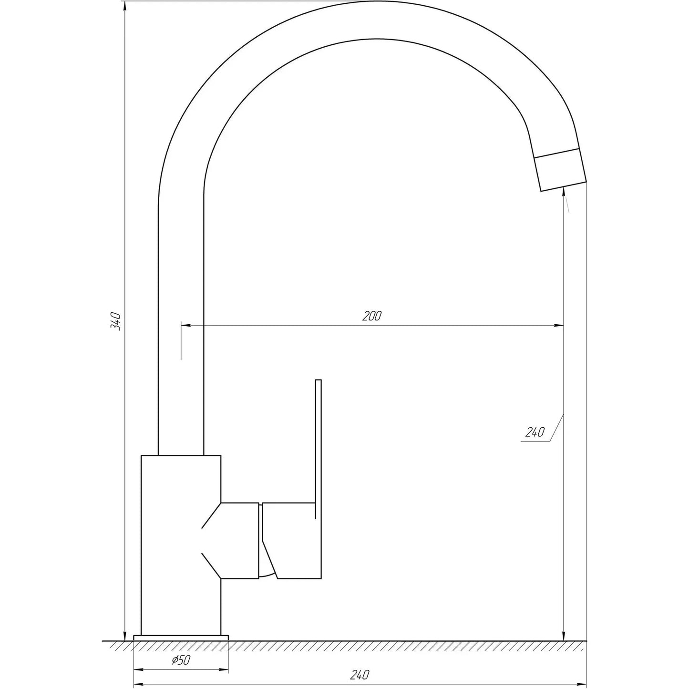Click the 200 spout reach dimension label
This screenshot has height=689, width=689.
372,316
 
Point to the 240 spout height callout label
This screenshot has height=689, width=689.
535,432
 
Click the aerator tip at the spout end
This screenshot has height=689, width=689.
560,170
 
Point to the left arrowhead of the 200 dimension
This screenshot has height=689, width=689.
186,326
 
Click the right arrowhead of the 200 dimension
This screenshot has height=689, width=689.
559,326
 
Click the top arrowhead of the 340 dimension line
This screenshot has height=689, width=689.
125,6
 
